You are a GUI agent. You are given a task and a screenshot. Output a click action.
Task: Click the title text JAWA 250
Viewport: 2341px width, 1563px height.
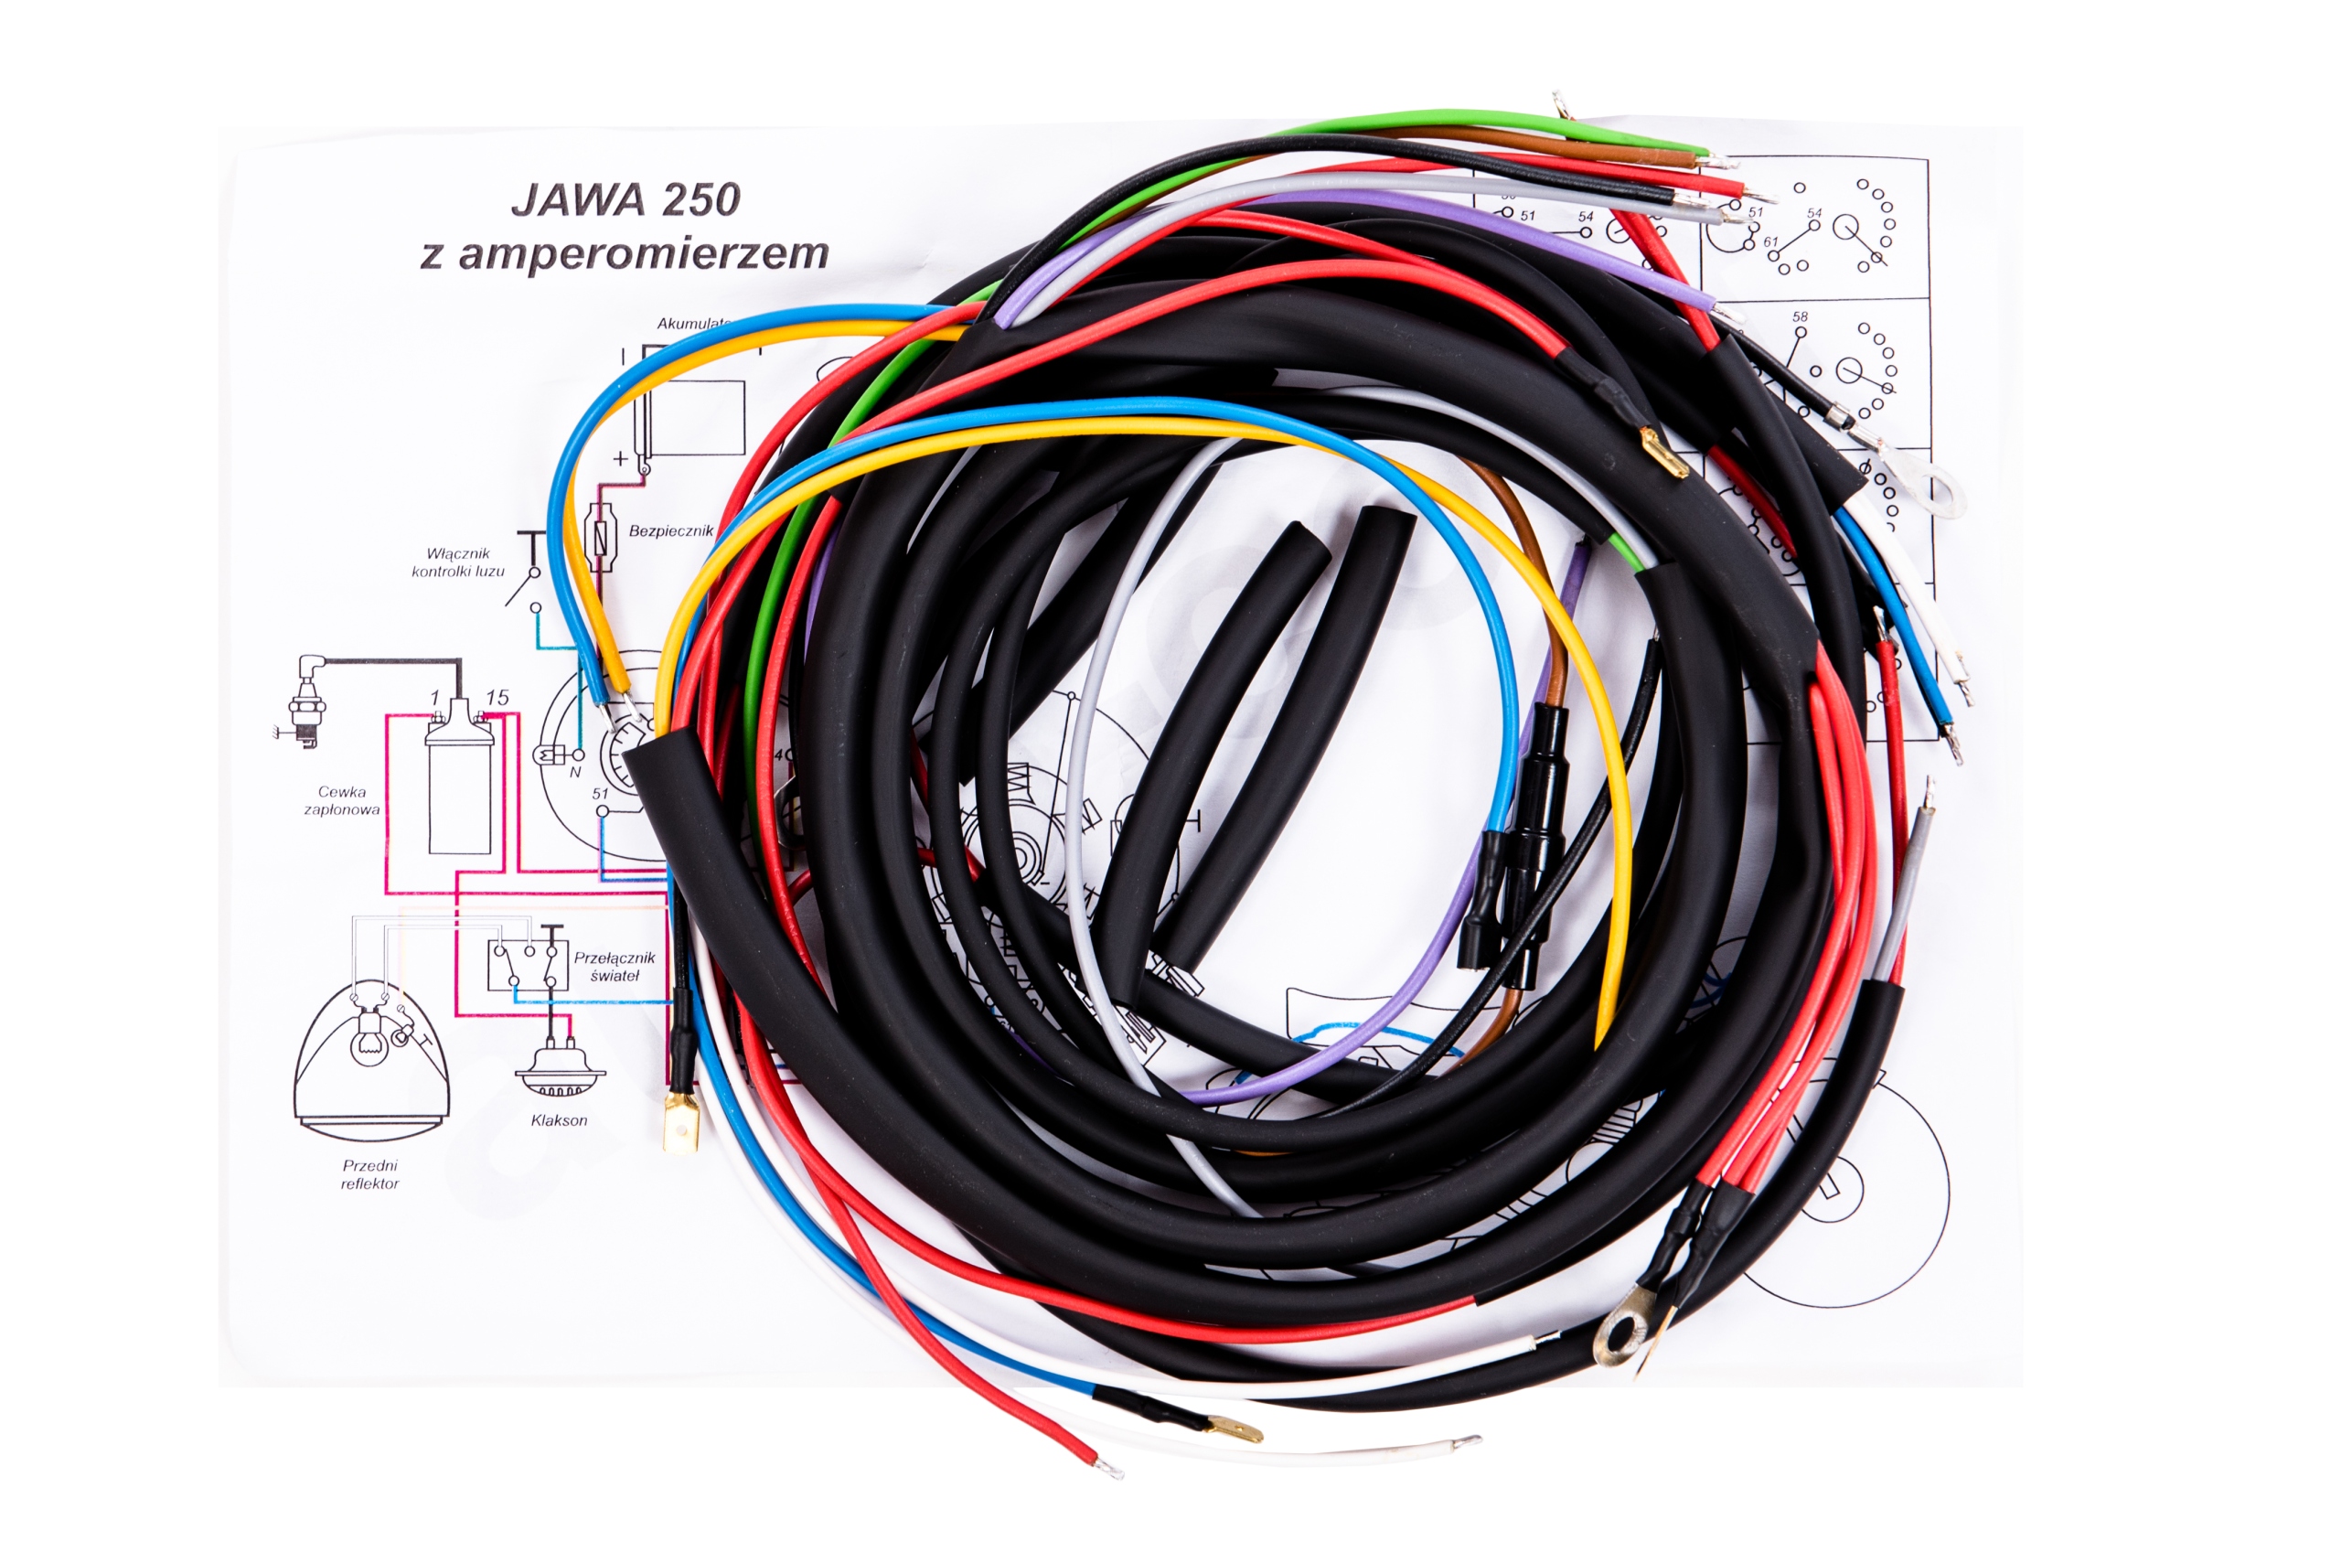click(x=625, y=199)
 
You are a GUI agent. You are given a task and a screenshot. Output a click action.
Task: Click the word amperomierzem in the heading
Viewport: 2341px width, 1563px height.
click(x=643, y=253)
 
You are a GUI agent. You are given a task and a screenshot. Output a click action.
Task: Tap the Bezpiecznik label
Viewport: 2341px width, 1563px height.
click(x=670, y=531)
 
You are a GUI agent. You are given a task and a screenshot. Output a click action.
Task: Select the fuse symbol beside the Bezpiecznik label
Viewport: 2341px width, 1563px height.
click(x=599, y=536)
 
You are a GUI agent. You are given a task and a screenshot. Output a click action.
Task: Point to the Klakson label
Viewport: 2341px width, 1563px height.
click(x=558, y=1120)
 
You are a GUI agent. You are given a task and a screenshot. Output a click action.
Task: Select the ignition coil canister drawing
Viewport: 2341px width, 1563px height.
click(x=459, y=777)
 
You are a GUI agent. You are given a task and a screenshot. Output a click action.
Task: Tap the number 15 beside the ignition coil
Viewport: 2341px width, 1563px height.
click(x=497, y=698)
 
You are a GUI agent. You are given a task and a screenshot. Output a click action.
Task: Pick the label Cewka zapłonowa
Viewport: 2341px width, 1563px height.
click(x=342, y=800)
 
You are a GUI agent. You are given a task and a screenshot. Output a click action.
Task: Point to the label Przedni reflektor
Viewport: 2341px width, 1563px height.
click(x=369, y=1174)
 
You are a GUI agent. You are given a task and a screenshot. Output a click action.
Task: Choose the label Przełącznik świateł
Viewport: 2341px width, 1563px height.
click(x=614, y=967)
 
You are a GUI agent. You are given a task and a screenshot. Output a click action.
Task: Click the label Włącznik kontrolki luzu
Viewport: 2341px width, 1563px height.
click(x=458, y=562)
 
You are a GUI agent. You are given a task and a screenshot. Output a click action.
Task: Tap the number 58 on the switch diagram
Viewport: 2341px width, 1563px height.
click(x=1799, y=317)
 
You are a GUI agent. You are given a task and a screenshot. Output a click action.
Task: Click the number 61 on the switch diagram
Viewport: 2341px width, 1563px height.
click(x=1770, y=242)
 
